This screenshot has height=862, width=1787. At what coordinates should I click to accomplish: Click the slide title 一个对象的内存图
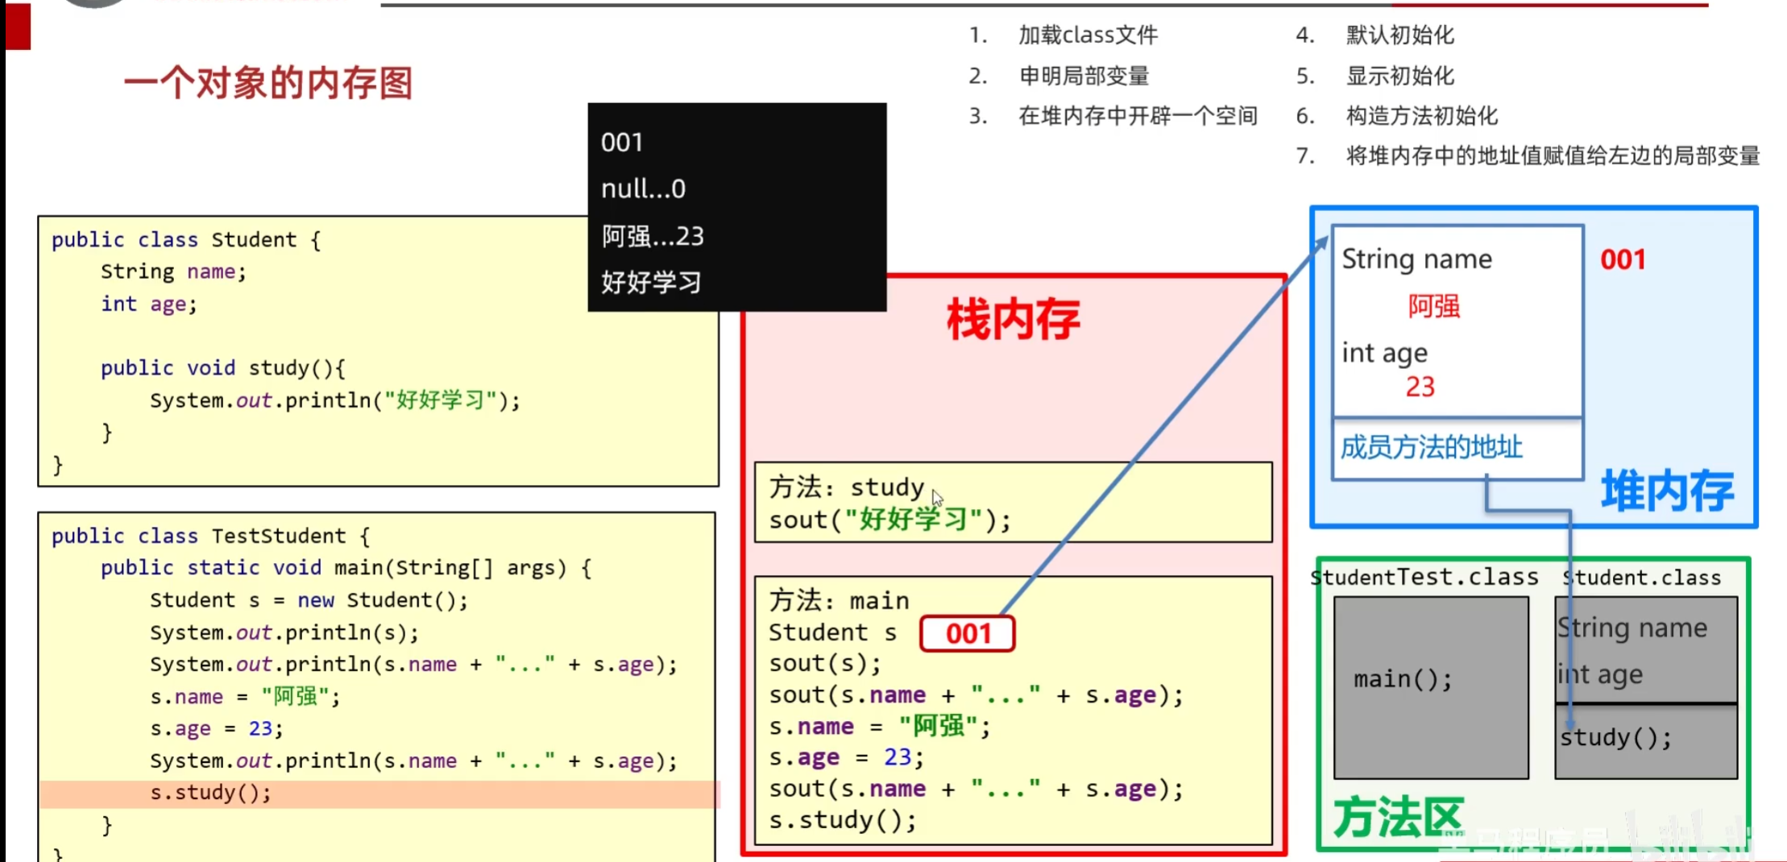(267, 83)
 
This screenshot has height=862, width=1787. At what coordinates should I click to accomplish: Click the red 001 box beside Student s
(967, 633)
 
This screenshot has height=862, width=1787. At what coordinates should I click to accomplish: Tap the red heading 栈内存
(1013, 320)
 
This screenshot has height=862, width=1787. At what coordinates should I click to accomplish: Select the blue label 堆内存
(1666, 491)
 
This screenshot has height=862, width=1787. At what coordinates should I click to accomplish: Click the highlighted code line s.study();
(211, 794)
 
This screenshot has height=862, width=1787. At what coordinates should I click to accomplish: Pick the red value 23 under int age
(1420, 387)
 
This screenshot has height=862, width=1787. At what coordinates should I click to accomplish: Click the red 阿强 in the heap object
(1433, 307)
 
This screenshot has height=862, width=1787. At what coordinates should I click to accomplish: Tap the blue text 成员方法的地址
(1431, 448)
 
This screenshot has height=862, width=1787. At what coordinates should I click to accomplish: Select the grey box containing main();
(1430, 686)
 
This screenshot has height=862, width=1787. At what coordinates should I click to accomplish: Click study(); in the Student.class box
(1615, 738)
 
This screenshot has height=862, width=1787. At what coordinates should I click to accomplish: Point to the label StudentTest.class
(1424, 578)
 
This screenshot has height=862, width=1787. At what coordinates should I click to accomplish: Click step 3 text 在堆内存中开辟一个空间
(1137, 117)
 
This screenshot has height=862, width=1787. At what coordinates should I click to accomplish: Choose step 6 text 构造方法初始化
(1421, 117)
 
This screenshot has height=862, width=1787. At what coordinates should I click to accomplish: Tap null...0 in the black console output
(643, 189)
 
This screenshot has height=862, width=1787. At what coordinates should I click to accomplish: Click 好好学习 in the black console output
(651, 283)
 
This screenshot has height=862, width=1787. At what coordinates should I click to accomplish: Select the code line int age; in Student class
(148, 305)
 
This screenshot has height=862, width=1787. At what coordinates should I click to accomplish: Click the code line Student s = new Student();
(308, 601)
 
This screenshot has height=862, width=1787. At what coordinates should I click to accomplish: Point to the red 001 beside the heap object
(1622, 260)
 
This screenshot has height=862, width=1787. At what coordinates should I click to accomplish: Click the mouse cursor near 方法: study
(937, 497)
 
